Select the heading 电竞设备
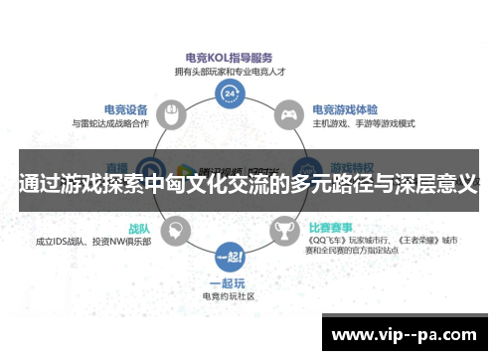(x=126, y=109)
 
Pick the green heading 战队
(x=138, y=228)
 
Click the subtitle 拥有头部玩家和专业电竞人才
(x=230, y=71)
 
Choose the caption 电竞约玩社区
(x=230, y=296)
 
